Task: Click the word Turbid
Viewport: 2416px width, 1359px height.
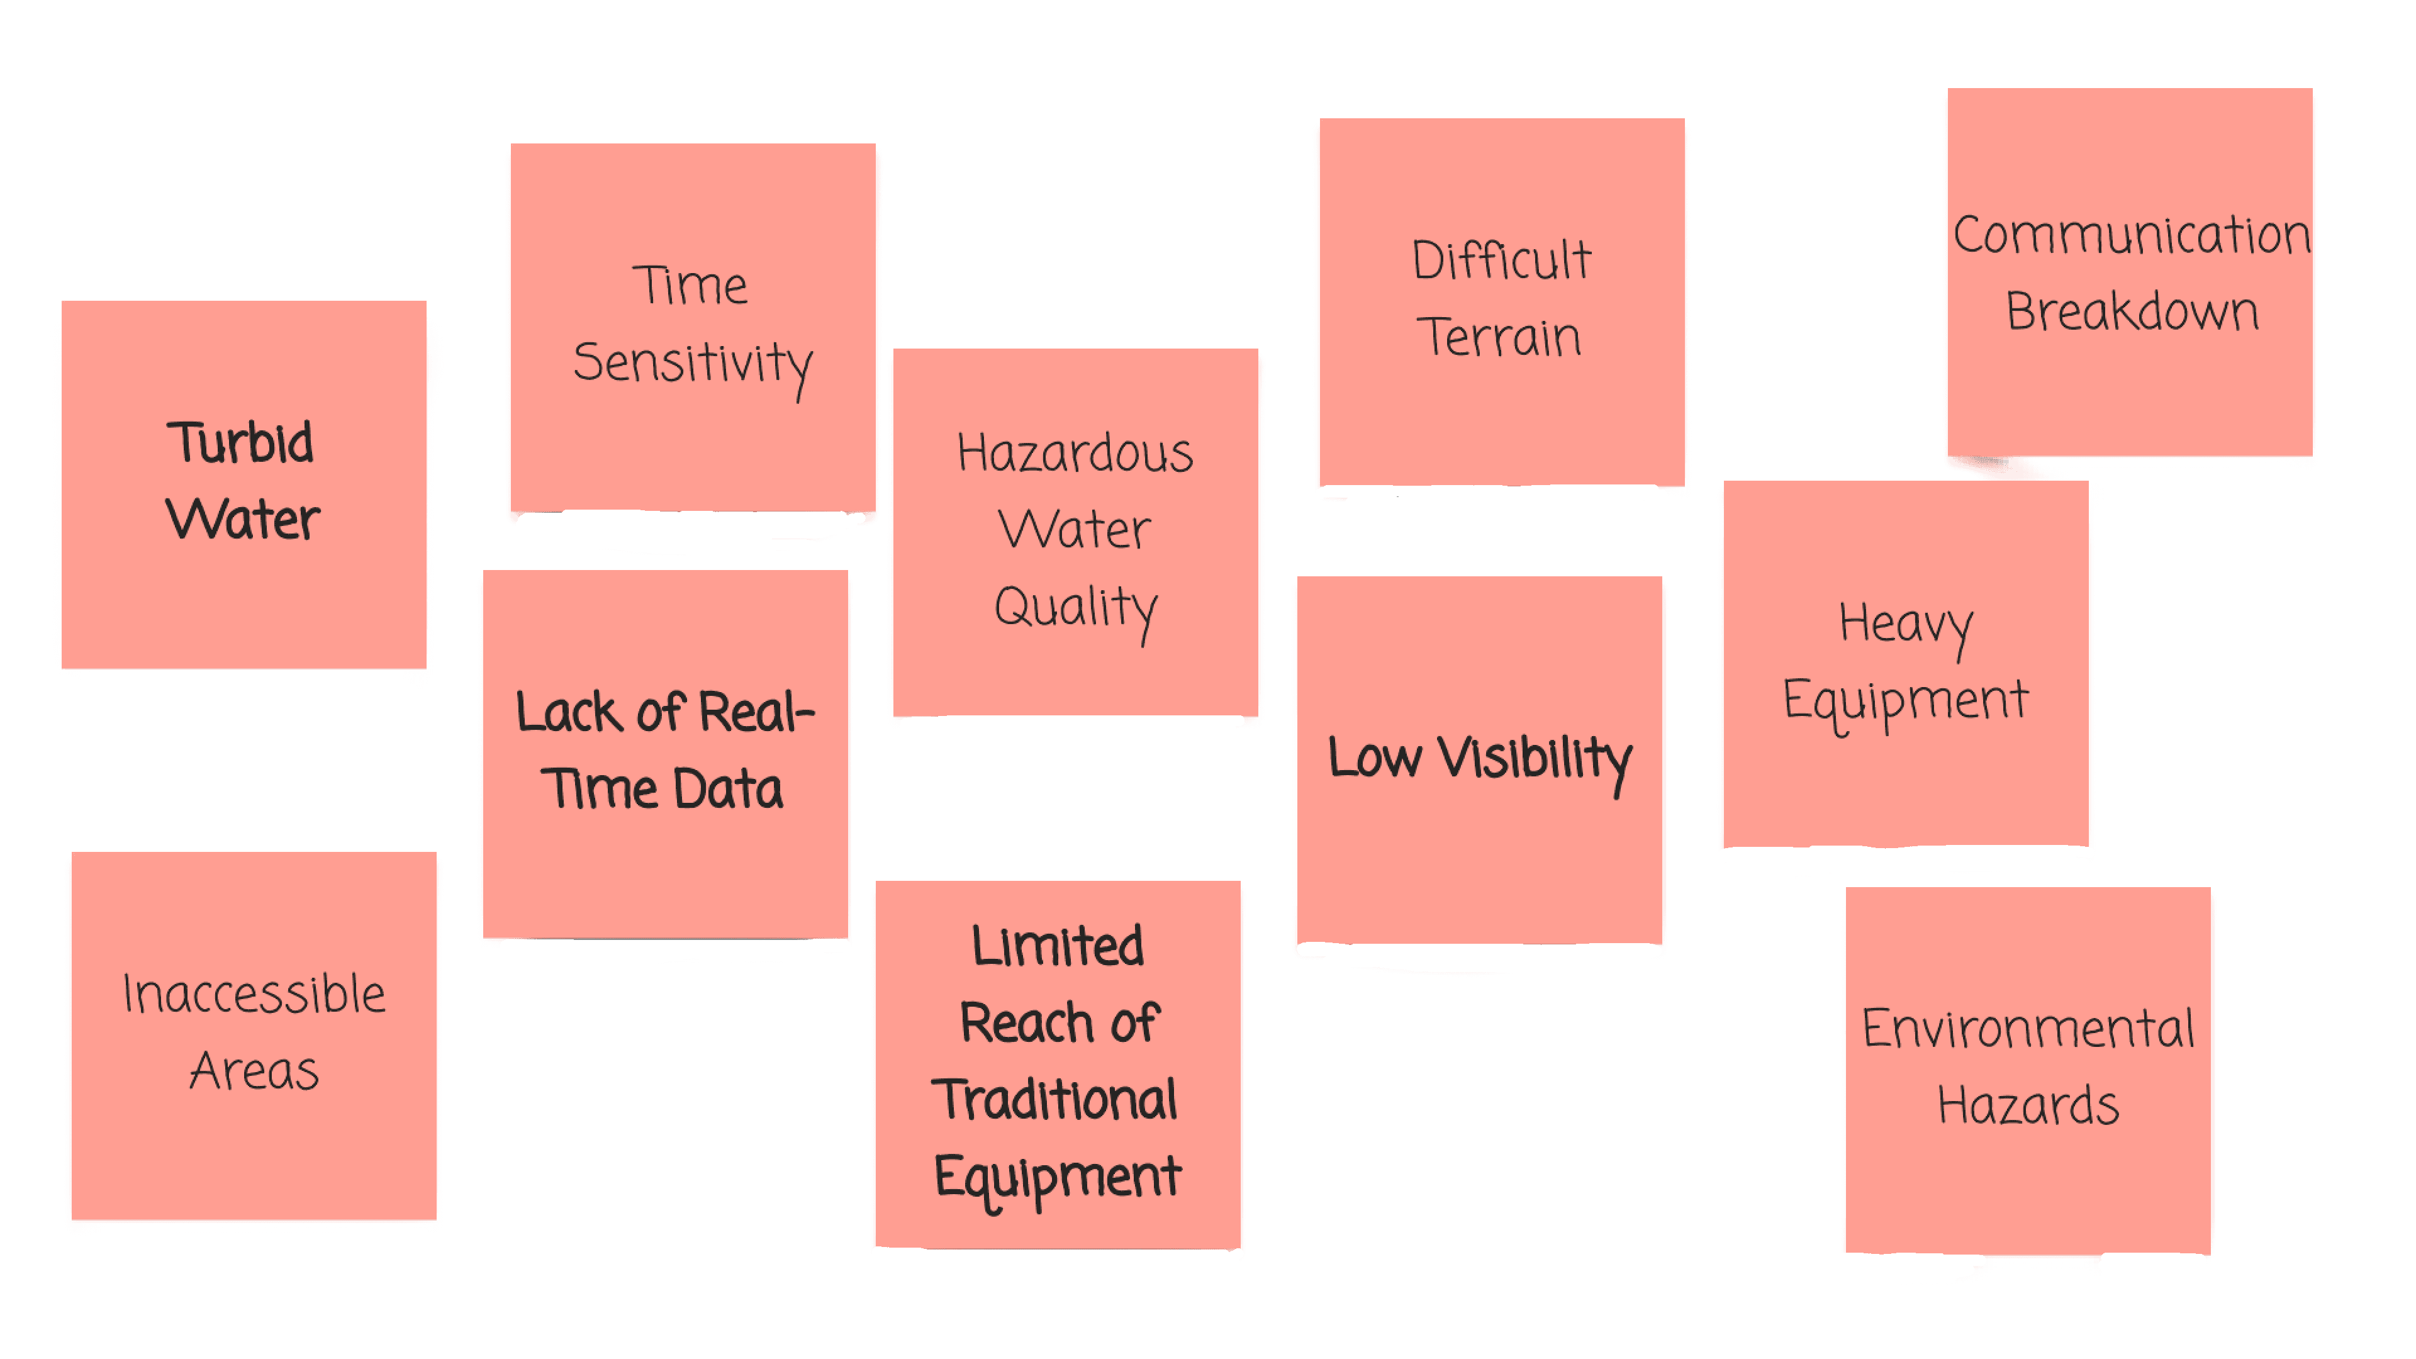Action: pyautogui.click(x=240, y=443)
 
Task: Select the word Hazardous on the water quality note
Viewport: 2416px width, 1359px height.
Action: pyautogui.click(x=1075, y=454)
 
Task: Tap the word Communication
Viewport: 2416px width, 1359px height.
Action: pyautogui.click(x=2131, y=235)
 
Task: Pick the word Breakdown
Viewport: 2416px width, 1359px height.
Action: pyautogui.click(x=2132, y=311)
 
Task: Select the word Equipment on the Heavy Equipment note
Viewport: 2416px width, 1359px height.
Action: pyautogui.click(x=1905, y=702)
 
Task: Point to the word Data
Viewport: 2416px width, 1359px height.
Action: pyautogui.click(x=728, y=790)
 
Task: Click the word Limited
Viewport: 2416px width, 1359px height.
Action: pyautogui.click(x=1057, y=946)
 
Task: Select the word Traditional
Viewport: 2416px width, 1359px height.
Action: pyautogui.click(x=1055, y=1100)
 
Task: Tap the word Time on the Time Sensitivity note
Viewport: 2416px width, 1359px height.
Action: pyautogui.click(x=690, y=286)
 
